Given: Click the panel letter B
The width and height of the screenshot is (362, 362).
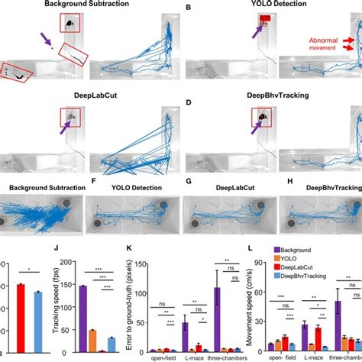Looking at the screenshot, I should [188, 7].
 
